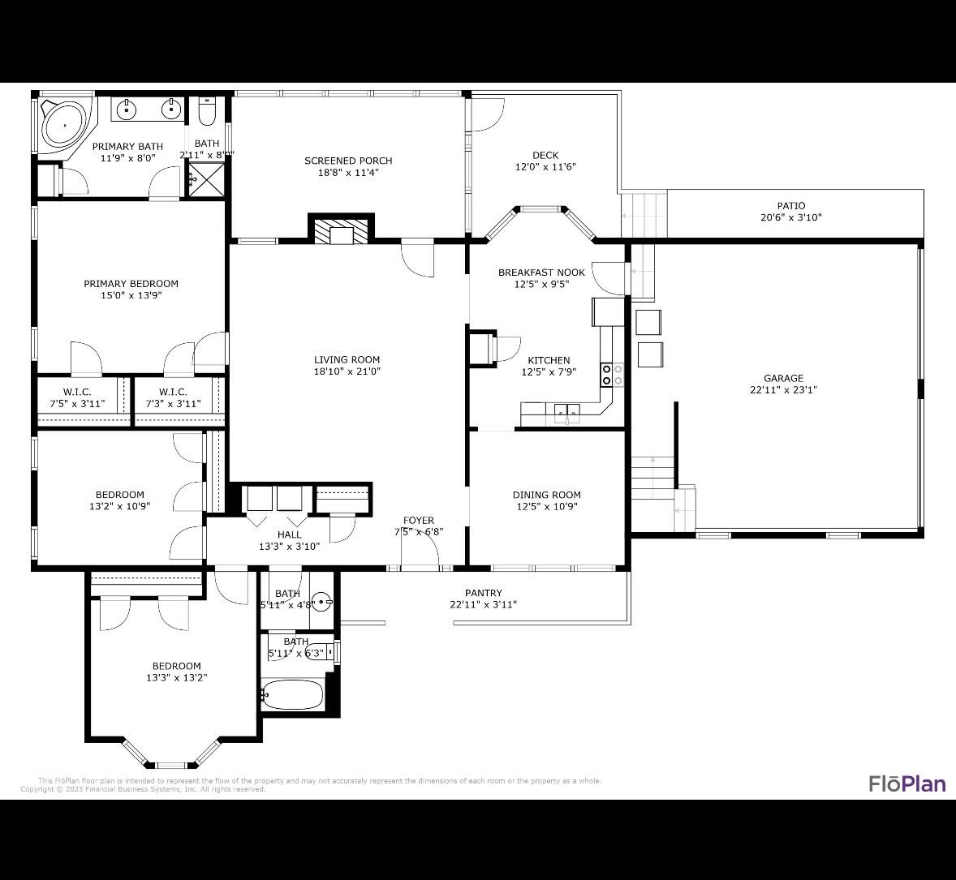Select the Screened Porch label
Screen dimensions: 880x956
pyautogui.click(x=348, y=161)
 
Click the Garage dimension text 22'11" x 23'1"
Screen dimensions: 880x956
pyautogui.click(x=783, y=389)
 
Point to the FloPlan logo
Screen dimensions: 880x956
pyautogui.click(x=906, y=783)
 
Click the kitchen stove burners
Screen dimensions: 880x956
pyautogui.click(x=611, y=375)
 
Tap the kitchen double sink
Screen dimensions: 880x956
pyautogui.click(x=567, y=412)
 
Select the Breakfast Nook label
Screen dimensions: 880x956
pyautogui.click(x=541, y=273)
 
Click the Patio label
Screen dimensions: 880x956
pyautogui.click(x=790, y=206)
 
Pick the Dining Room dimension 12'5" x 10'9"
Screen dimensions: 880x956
pyautogui.click(x=546, y=506)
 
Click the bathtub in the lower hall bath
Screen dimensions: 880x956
pyautogui.click(x=293, y=694)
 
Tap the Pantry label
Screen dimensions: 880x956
pyautogui.click(x=483, y=593)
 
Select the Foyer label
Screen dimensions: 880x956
pyautogui.click(x=419, y=521)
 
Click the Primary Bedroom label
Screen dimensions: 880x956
pyautogui.click(x=131, y=284)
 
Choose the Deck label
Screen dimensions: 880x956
pyautogui.click(x=545, y=155)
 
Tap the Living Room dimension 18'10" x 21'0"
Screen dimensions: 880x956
pyautogui.click(x=347, y=371)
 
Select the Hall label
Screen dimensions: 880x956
pyautogui.click(x=289, y=534)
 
